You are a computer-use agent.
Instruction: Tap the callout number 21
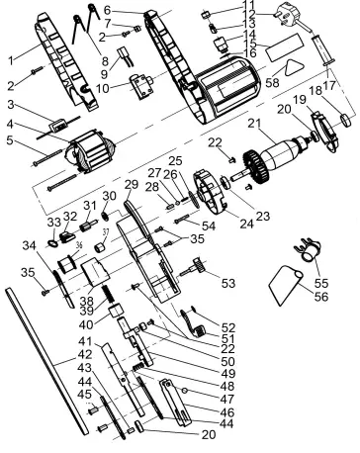point(256,124)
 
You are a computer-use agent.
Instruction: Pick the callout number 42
point(86,354)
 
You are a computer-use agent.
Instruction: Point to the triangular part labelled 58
point(293,66)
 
